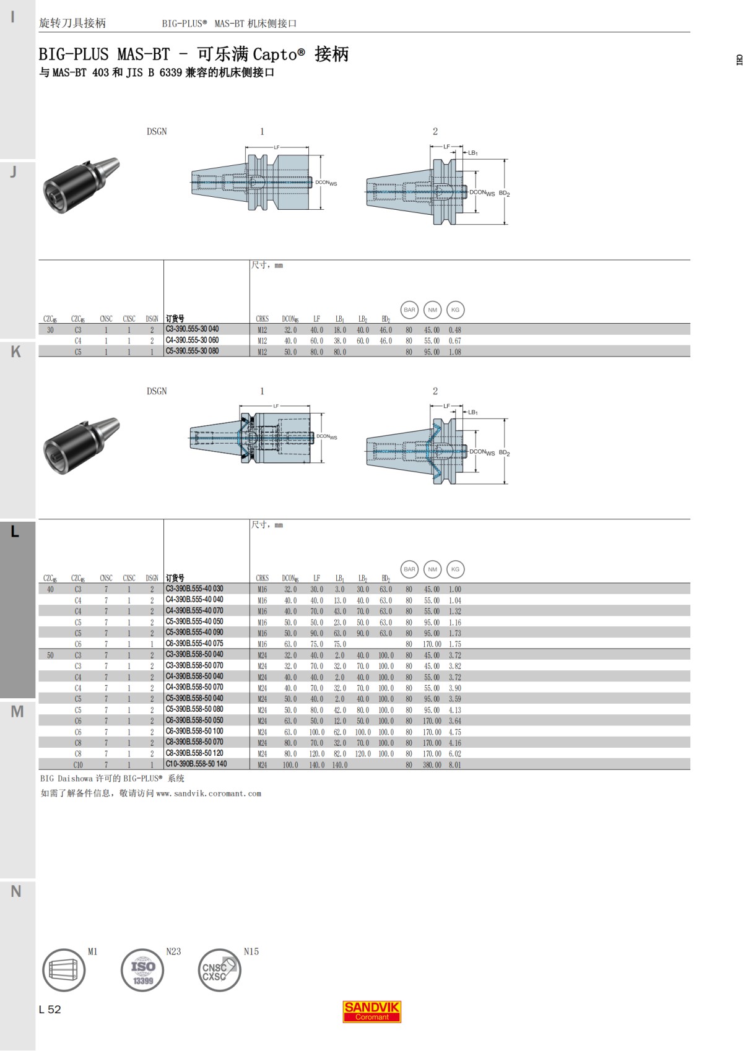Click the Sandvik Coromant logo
point(371,1011)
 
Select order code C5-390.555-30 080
point(192,351)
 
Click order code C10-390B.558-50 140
point(196,764)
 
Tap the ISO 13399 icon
point(142,970)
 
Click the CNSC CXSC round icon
point(219,970)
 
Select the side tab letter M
point(17,712)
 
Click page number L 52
point(50,1010)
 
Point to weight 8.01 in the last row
point(455,765)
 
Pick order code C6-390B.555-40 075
point(194,644)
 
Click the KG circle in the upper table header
point(455,310)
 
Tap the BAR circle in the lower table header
point(409,569)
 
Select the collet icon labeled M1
point(63,970)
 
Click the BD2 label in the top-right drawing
point(505,194)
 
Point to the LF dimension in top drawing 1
point(277,147)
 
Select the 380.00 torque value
point(432,765)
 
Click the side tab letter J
point(14,172)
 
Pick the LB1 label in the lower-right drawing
point(472,412)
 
